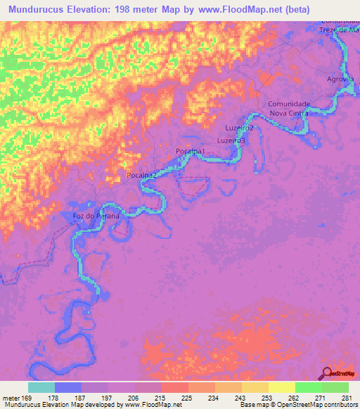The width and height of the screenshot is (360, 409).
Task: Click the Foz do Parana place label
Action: point(97,216)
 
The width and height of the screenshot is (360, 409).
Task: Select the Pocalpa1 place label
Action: point(190,152)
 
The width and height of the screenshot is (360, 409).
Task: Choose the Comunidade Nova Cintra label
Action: point(289,109)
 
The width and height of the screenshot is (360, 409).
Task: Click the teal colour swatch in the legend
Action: point(41,387)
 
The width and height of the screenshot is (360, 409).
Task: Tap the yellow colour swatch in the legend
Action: point(281,387)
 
